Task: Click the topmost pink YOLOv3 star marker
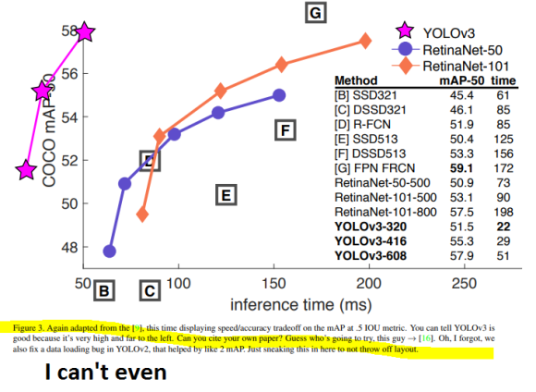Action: (84, 32)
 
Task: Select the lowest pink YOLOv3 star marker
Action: (26, 170)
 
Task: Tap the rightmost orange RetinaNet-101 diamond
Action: (366, 41)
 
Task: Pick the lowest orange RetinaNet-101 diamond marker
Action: (142, 214)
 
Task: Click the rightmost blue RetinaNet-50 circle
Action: (279, 95)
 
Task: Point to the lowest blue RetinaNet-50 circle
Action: (109, 251)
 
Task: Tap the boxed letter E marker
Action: (224, 195)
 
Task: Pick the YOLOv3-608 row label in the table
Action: (370, 254)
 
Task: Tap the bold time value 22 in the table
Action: (503, 226)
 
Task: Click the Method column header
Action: (356, 80)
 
